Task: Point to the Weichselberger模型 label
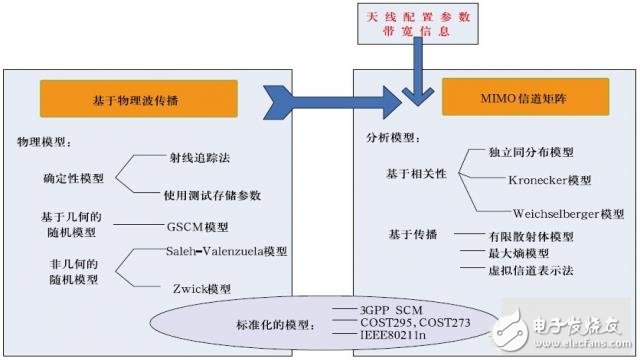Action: [x=567, y=213]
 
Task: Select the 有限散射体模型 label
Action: [x=515, y=237]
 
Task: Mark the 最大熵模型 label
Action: [x=503, y=255]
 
